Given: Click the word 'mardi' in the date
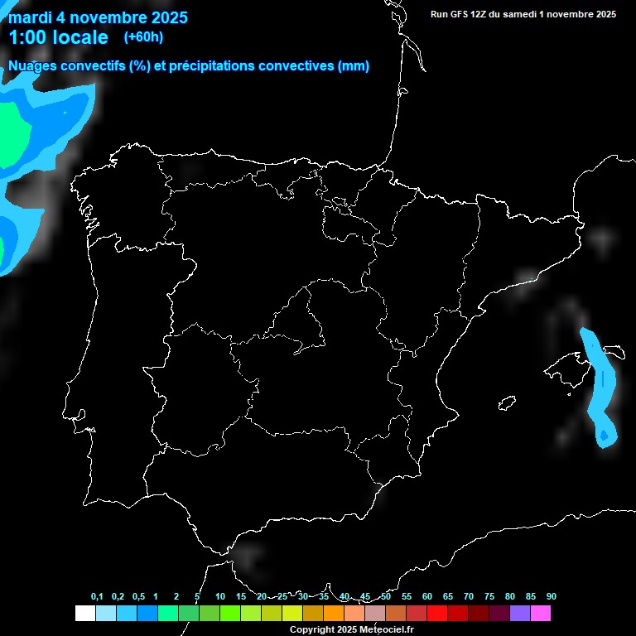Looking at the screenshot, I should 30,17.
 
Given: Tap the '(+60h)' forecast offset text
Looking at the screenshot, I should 143,36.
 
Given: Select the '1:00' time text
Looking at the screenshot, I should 27,37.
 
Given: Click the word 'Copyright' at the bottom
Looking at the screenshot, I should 311,629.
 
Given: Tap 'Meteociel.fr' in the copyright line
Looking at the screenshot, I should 386,629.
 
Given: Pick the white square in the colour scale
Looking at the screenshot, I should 84,613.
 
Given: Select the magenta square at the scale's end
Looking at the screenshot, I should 541,613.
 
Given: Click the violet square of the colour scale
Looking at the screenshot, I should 520,613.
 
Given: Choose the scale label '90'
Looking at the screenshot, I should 551,597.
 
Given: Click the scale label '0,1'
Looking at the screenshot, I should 97,597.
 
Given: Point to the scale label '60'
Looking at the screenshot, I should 427,597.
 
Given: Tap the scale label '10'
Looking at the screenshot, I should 220,597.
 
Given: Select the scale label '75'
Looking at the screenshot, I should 489,597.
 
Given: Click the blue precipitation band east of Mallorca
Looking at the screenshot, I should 602,389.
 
